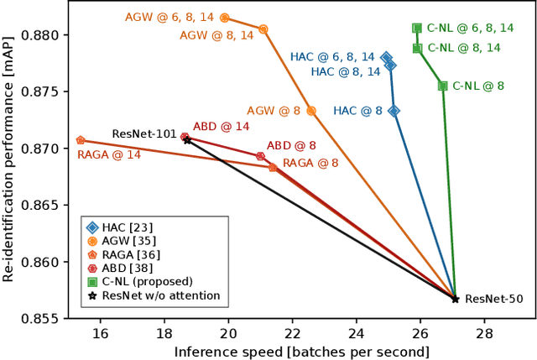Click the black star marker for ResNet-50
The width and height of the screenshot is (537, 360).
click(x=455, y=299)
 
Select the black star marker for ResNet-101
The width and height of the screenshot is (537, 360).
click(x=187, y=140)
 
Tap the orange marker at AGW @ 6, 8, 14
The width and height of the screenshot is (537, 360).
click(x=224, y=18)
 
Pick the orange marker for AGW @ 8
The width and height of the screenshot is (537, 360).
click(x=311, y=111)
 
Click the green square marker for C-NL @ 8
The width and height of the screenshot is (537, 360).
click(x=442, y=86)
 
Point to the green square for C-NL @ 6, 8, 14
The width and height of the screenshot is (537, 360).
click(x=417, y=28)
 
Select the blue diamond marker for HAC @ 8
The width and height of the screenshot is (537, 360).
click(x=394, y=111)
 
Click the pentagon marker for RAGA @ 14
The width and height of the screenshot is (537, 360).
click(x=81, y=140)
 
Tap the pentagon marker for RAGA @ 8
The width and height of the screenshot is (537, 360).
click(x=273, y=167)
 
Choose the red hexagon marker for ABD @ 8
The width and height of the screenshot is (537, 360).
click(x=260, y=156)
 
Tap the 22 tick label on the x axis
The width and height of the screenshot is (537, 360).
click(x=292, y=333)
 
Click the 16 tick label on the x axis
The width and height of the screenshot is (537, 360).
click(x=100, y=333)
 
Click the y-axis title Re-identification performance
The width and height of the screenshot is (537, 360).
click(x=10, y=159)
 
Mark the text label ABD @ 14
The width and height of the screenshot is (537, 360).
click(x=222, y=127)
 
